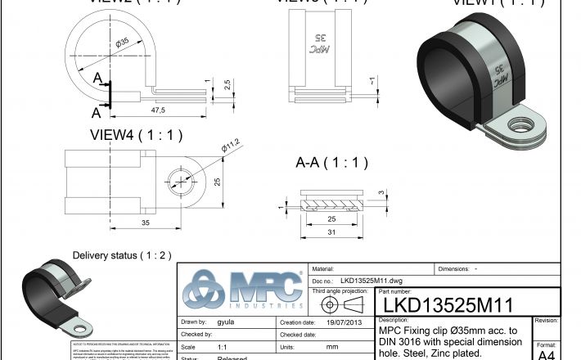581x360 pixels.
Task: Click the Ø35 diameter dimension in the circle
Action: pyautogui.click(x=123, y=43)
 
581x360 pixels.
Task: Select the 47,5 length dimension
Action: pyautogui.click(x=156, y=110)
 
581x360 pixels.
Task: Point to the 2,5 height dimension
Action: pyautogui.click(x=227, y=85)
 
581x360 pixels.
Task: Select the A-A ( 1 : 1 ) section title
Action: pyautogui.click(x=331, y=162)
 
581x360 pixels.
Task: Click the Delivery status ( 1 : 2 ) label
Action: pyautogui.click(x=122, y=255)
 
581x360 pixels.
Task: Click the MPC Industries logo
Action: pyautogui.click(x=243, y=290)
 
